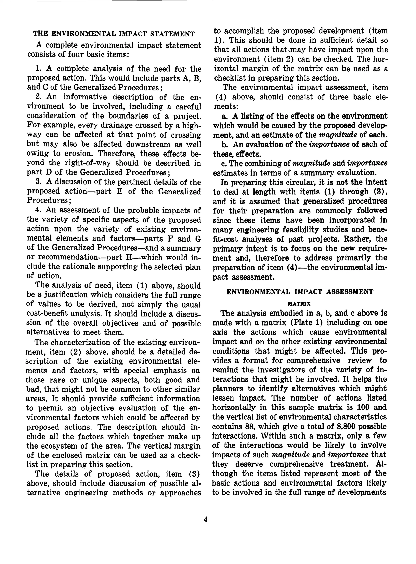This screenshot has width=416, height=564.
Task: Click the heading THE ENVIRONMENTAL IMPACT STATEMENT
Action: [x=114, y=34]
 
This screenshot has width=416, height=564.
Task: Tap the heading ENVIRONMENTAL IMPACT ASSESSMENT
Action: [x=300, y=292]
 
